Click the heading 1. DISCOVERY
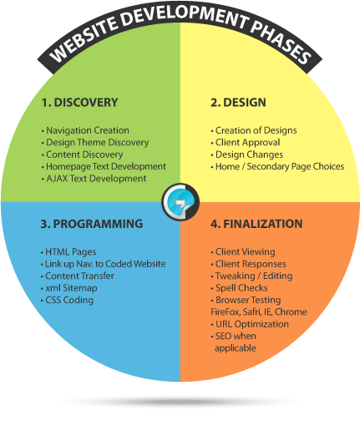[80, 103]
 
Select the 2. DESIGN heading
[238, 103]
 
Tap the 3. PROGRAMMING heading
[92, 224]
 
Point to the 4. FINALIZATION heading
[256, 224]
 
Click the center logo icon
[180, 202]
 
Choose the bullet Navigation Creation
[85, 130]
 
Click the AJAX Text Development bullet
[94, 179]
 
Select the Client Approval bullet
[246, 142]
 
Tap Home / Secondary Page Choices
[277, 166]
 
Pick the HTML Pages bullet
[68, 252]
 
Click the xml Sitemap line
[69, 288]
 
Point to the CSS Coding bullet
[67, 300]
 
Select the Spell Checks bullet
[239, 288]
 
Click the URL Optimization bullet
[250, 324]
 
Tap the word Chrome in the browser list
[291, 312]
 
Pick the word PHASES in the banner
[281, 42]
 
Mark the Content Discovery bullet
[83, 155]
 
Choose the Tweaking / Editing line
[251, 276]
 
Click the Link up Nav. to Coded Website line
[104, 264]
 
